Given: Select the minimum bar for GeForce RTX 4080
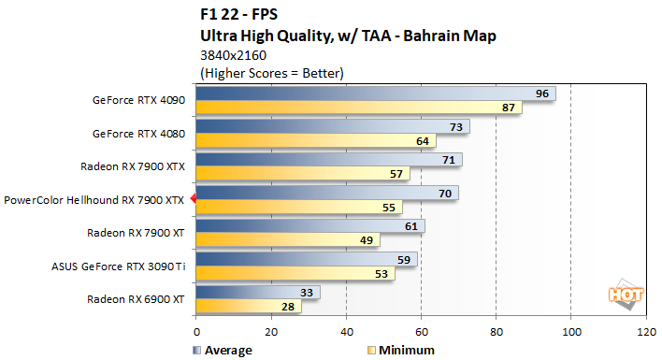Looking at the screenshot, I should point(309,141).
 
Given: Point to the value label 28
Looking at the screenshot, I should point(289,307).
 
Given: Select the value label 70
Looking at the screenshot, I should point(446,193).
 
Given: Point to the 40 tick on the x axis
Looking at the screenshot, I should point(346,331).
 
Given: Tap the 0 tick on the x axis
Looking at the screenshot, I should point(196,331).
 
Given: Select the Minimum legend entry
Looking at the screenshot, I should point(401,350).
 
